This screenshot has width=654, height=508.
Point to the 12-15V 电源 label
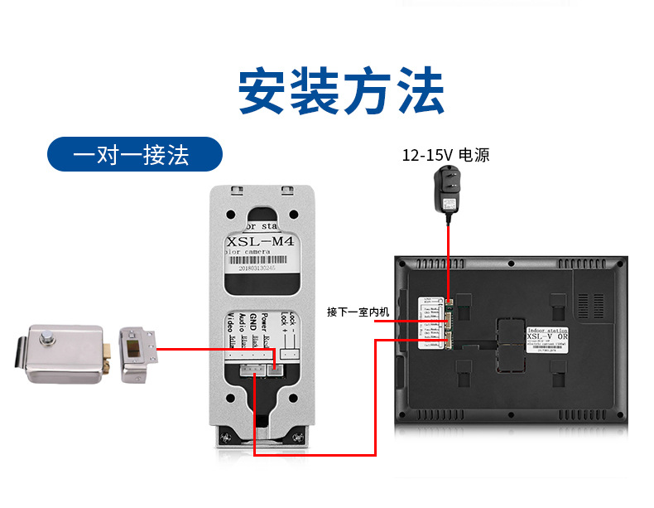445,155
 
